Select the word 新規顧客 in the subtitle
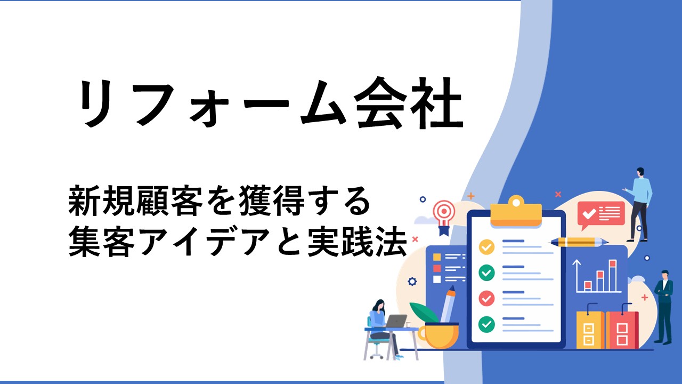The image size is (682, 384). pyautogui.click(x=135, y=200)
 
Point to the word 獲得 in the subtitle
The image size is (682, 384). pyautogui.click(x=272, y=200)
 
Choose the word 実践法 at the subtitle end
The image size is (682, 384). pyautogui.click(x=357, y=242)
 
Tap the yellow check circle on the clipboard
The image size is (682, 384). pyautogui.click(x=486, y=247)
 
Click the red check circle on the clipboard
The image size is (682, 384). pyautogui.click(x=486, y=298)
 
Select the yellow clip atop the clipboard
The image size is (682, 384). pyautogui.click(x=516, y=212)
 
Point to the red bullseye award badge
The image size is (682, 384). pyautogui.click(x=444, y=217)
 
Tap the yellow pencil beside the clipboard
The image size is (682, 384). pyautogui.click(x=579, y=242)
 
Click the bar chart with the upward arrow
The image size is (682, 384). pyautogui.click(x=597, y=276)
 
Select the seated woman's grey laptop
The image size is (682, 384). pyautogui.click(x=396, y=321)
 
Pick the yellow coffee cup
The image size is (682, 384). pyautogui.click(x=439, y=335)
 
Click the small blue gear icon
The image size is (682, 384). pyautogui.click(x=412, y=281)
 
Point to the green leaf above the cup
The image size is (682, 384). pyautogui.click(x=424, y=312)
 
